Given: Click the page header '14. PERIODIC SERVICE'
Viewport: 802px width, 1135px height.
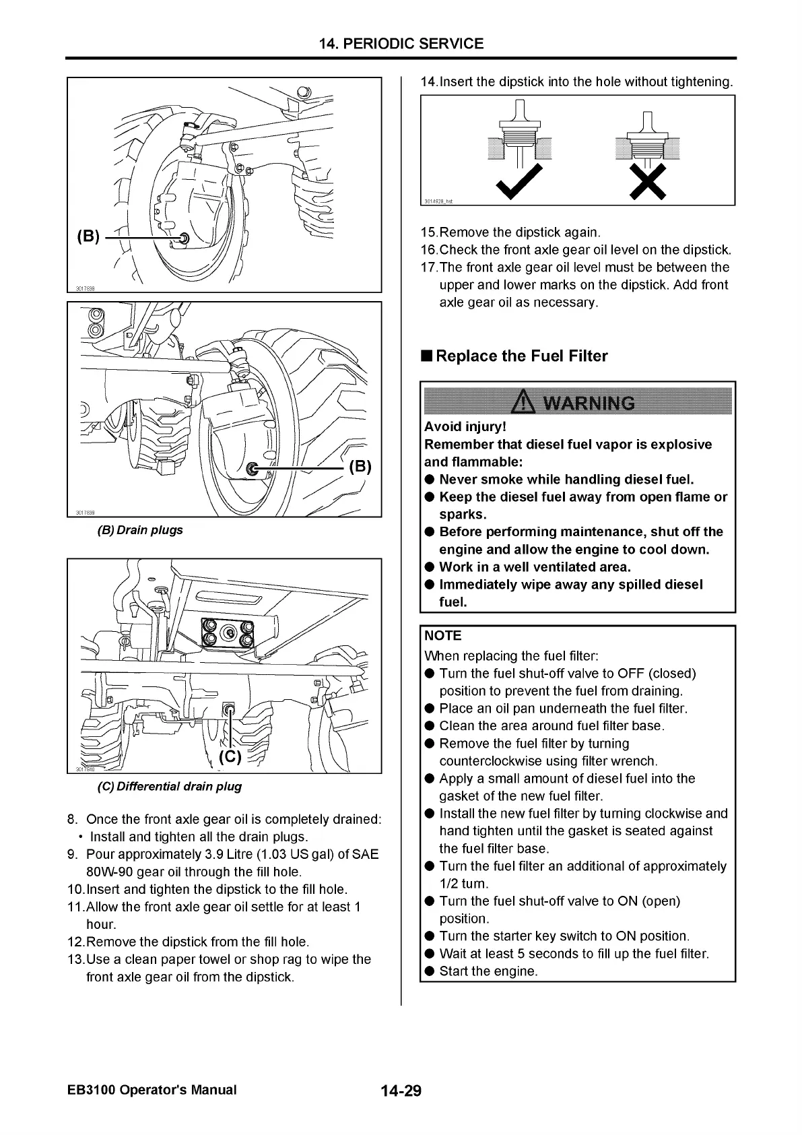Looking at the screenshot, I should click(x=401, y=44).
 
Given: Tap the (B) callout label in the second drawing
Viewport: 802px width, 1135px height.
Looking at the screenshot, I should click(x=360, y=467).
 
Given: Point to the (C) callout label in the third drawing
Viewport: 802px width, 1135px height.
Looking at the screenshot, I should click(x=230, y=756).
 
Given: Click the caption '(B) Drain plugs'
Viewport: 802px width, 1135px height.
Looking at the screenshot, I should click(x=141, y=530).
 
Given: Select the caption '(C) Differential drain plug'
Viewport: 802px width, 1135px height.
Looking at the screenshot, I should click(x=170, y=786).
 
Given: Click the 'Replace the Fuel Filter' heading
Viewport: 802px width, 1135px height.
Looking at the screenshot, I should click(x=521, y=356).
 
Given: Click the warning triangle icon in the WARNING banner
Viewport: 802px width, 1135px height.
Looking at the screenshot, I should click(x=524, y=403).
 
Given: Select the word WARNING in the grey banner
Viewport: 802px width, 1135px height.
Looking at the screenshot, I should click(x=589, y=403).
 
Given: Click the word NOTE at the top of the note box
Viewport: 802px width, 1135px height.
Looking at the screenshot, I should click(x=442, y=636).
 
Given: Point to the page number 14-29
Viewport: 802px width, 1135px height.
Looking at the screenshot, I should click(x=401, y=1091).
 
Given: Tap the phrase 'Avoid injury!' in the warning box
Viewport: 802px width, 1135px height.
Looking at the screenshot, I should click(x=465, y=427).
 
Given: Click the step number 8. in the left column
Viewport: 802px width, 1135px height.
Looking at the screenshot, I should click(x=73, y=820).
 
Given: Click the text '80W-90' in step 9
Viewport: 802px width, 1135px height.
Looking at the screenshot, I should click(x=109, y=872).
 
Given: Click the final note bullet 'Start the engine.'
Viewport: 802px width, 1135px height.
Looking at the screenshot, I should click(x=488, y=971).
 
